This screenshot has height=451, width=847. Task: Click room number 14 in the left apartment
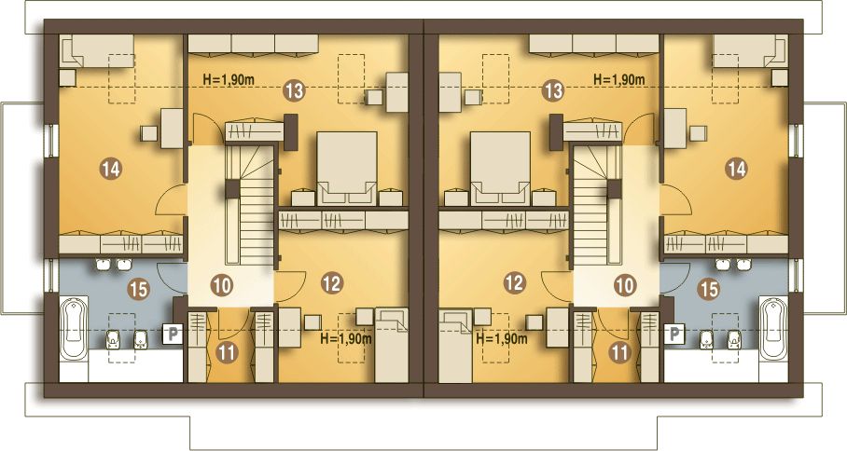tap(111, 170)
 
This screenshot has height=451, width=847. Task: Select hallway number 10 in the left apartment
tap(221, 285)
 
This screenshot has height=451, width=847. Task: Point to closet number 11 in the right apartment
tap(619, 352)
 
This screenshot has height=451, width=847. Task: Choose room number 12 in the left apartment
tap(332, 282)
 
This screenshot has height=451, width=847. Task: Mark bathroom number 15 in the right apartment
tap(709, 289)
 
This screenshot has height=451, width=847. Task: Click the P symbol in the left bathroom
tap(173, 334)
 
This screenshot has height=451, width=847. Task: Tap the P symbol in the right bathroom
tap(673, 334)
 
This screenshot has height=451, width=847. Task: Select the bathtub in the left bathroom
tap(74, 329)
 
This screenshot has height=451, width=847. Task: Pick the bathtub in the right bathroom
tap(773, 329)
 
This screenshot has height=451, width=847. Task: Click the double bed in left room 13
tap(347, 169)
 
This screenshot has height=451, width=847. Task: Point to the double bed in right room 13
tap(500, 169)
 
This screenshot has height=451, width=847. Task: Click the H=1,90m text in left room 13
tap(229, 79)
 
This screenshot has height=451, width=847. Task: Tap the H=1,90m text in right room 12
tap(502, 339)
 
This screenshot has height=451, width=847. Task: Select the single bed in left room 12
tap(392, 346)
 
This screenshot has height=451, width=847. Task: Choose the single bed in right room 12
tap(455, 346)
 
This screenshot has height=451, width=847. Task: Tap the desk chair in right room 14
tap(698, 132)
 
